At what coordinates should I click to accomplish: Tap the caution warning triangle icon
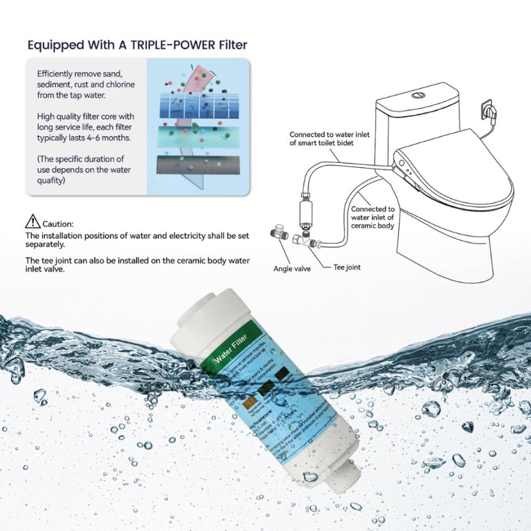[33, 222]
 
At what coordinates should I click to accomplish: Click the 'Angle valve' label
[292, 269]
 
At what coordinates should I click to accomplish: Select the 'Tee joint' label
[347, 267]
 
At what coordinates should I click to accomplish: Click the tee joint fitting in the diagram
[302, 242]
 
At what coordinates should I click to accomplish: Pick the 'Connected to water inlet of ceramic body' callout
[373, 217]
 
